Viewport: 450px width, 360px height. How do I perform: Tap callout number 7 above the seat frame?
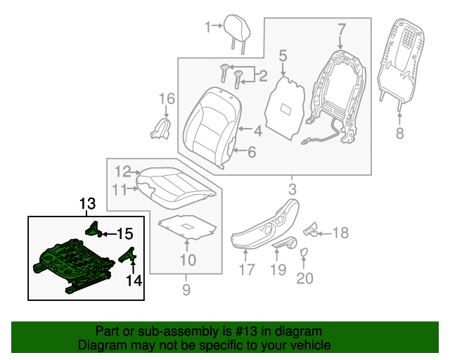341,30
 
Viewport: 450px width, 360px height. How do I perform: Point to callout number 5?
283,54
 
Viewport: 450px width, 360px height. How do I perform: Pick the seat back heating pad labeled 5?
285,109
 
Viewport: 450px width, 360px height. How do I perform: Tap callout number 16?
166,98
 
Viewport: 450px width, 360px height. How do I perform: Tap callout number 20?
304,278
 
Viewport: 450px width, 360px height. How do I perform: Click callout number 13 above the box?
86,205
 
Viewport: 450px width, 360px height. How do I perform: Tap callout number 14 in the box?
134,281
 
